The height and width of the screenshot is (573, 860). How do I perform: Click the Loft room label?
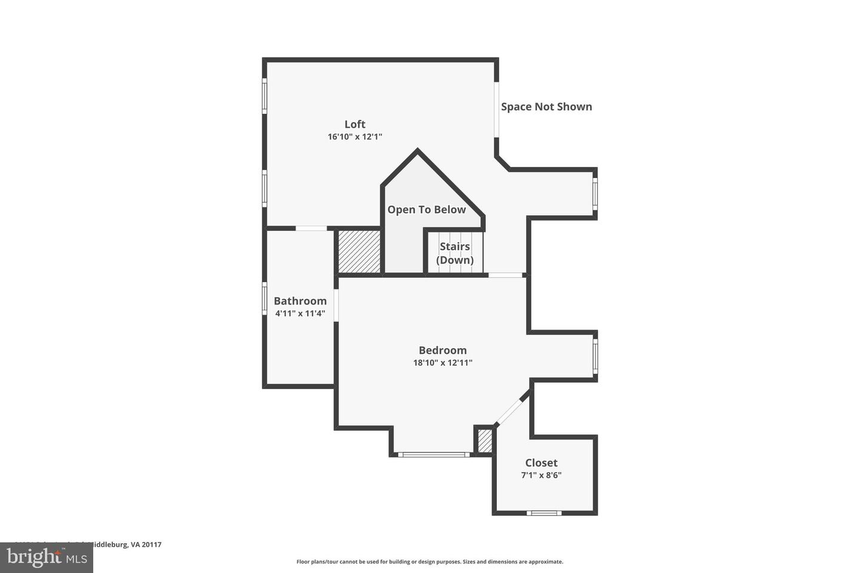[355, 124]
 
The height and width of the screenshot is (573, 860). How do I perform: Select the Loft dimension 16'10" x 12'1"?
[355, 137]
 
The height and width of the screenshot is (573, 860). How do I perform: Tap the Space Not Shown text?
[546, 107]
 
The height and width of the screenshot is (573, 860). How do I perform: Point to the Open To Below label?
[426, 210]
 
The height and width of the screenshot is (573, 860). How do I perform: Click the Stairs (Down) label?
[454, 253]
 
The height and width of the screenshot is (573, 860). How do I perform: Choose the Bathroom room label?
[300, 301]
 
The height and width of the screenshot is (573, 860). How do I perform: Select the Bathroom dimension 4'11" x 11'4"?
[300, 313]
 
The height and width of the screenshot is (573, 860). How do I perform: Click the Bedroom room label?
[443, 350]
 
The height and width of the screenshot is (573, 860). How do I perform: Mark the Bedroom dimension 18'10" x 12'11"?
[443, 362]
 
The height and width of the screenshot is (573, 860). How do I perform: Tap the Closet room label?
[541, 463]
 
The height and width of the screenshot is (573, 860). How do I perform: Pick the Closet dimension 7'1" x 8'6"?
[541, 476]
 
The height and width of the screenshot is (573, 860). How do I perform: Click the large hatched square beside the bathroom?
[359, 251]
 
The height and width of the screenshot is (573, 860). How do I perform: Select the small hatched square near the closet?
[485, 441]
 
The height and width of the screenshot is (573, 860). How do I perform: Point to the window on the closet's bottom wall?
[544, 513]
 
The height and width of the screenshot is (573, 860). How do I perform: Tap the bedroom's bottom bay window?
[434, 455]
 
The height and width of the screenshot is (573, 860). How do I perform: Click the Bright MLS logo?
[46, 558]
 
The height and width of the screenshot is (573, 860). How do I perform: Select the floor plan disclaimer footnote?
[429, 562]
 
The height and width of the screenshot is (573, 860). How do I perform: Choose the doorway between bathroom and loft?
[311, 228]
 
